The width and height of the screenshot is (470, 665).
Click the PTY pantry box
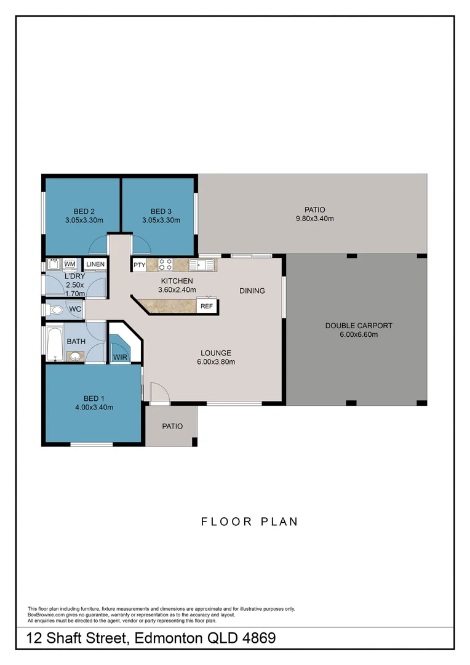(x=138, y=265)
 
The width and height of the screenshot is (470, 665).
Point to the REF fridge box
(x=206, y=306)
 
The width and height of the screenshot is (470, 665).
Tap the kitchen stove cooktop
(x=165, y=265)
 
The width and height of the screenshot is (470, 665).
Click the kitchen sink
(x=201, y=265)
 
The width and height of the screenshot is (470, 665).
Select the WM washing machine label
(x=70, y=264)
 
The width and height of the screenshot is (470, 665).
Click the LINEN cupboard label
(x=95, y=265)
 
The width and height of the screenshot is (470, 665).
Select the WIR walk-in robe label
(x=119, y=357)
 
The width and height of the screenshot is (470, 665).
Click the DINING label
(x=252, y=291)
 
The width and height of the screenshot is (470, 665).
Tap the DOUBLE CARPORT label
(x=359, y=326)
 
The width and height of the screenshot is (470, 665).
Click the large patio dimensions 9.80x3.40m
(x=314, y=219)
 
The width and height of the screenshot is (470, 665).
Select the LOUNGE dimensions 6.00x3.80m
(x=215, y=361)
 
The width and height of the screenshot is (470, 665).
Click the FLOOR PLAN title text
(x=250, y=522)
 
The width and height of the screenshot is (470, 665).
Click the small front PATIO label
(x=172, y=426)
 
